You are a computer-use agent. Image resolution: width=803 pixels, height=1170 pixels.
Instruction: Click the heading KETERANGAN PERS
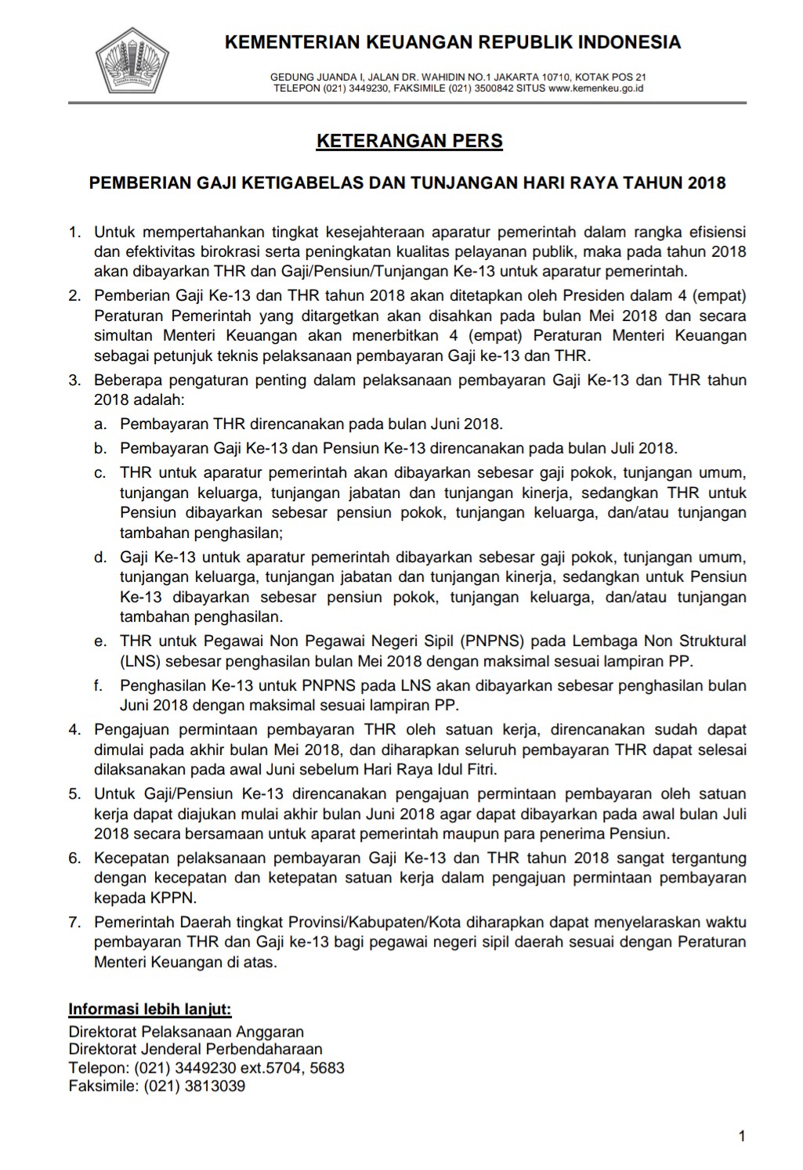point(409,141)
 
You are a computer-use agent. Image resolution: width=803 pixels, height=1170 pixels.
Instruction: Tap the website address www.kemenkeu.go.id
point(595,88)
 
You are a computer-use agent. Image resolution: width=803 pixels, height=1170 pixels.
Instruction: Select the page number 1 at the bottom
point(741,1136)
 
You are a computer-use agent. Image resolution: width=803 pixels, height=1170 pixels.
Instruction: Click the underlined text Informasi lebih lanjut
point(150,1009)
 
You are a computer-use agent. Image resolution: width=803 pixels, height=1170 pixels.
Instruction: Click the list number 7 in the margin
point(74,922)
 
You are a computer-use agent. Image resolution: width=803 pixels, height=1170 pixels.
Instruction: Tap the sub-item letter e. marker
point(100,641)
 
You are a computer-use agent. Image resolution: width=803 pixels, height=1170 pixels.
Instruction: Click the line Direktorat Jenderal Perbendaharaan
point(195,1049)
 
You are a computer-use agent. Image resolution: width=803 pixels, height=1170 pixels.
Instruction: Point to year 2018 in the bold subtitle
point(707,183)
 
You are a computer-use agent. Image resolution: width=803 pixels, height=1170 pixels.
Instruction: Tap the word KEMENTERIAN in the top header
point(291,42)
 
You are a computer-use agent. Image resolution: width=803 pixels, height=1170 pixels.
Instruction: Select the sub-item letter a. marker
point(100,424)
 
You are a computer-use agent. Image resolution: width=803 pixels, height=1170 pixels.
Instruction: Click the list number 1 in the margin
point(74,232)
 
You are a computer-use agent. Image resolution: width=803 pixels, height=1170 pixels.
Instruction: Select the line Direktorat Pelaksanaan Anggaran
point(186,1031)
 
